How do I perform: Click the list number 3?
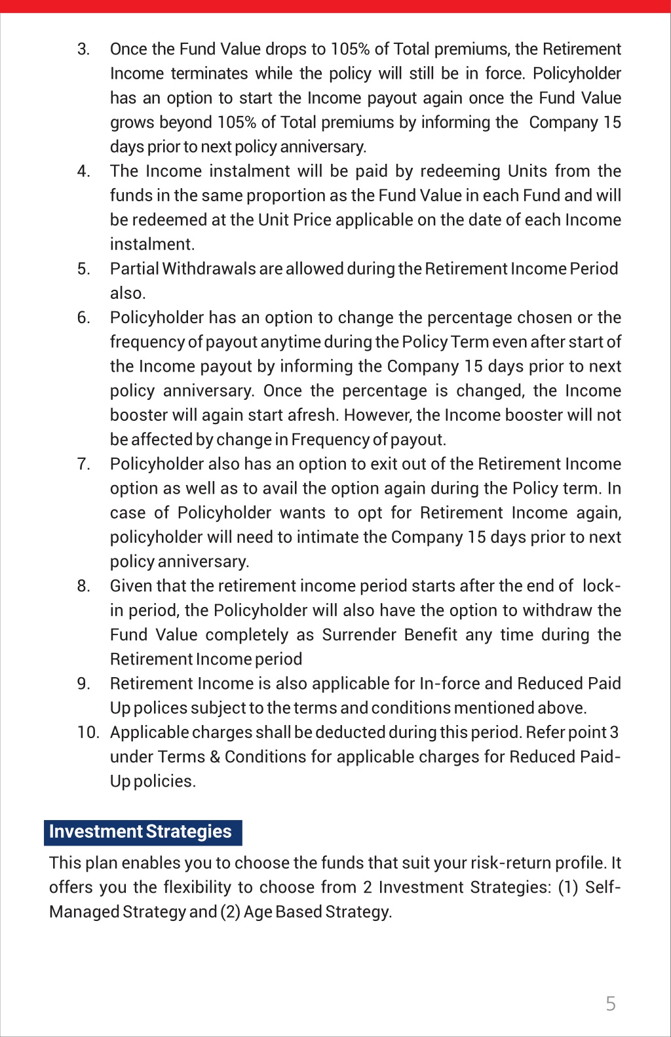83,50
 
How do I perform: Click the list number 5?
83,269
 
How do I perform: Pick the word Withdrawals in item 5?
209,269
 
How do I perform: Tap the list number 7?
83,464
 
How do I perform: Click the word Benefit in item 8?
431,635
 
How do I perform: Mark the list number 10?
88,732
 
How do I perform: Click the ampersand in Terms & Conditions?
215,757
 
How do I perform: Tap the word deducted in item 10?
347,732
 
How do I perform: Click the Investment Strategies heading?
140,832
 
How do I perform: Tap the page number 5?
611,1004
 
